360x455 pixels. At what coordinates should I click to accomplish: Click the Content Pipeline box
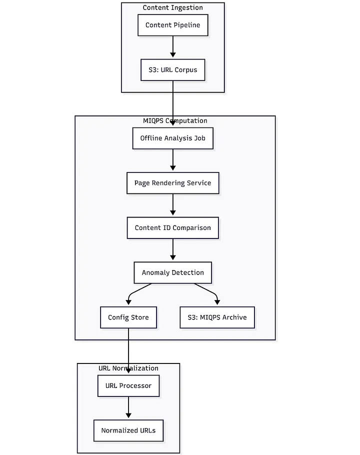pos(172,25)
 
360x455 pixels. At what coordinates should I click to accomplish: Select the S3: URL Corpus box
pos(172,70)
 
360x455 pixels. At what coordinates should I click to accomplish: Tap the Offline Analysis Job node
pos(172,138)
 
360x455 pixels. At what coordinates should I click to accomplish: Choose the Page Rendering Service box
pos(172,183)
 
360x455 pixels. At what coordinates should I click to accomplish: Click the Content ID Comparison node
pos(172,227)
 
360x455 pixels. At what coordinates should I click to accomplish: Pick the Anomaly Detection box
pos(172,272)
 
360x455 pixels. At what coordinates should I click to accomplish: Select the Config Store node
pos(128,317)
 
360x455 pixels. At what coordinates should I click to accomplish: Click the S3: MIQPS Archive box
pos(217,317)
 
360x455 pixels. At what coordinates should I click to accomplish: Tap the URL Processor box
pos(128,386)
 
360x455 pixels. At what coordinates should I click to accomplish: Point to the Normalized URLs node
pos(128,430)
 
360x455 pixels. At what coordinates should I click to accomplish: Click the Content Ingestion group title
pos(172,7)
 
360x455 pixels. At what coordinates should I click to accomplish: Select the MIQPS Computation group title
pos(175,120)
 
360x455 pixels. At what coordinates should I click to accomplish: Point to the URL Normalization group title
pos(128,368)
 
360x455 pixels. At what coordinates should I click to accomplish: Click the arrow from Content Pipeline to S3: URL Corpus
pos(173,47)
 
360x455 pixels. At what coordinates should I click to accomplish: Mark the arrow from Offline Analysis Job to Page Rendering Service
pos(173,160)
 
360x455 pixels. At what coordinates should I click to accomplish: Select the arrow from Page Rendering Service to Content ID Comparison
pos(173,205)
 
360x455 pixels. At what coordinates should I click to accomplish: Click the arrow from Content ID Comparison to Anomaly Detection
pos(173,250)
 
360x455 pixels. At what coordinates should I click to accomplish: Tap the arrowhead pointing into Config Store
pos(128,302)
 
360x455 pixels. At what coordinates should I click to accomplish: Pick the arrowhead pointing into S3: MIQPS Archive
pos(217,302)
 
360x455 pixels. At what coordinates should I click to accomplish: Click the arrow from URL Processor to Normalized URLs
pos(128,408)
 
